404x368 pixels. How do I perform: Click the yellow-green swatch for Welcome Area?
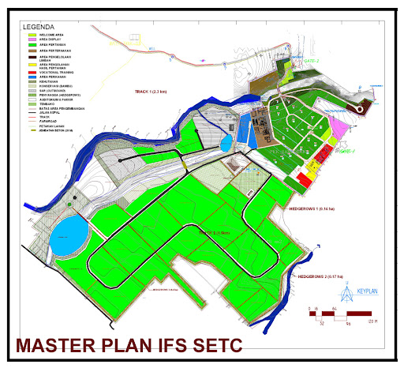[x=32, y=33]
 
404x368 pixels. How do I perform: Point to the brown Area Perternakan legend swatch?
[x=32, y=50]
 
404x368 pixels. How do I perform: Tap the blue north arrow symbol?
[x=345, y=291]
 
